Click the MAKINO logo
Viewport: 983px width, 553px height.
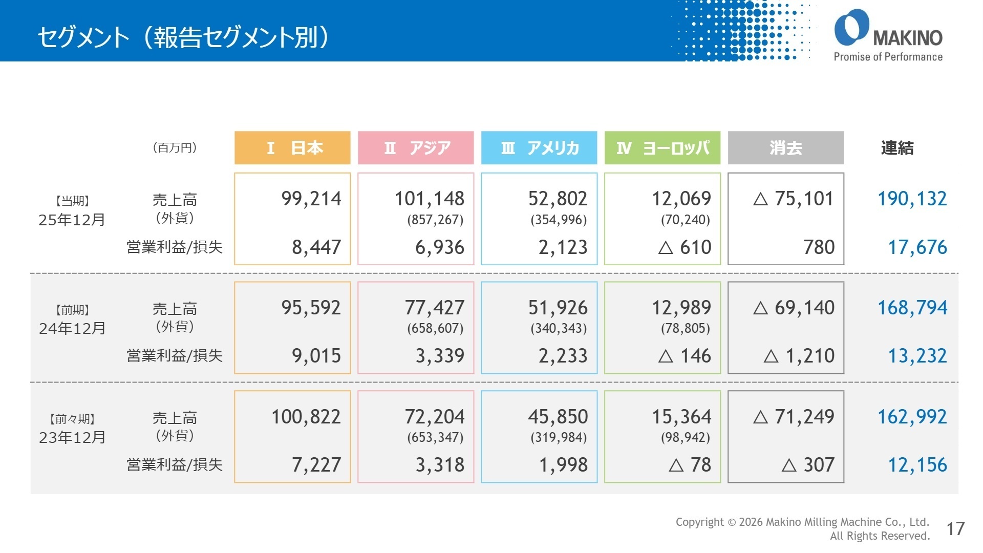(x=888, y=35)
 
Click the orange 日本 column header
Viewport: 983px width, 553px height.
(x=292, y=148)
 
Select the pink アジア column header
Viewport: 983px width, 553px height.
(x=416, y=148)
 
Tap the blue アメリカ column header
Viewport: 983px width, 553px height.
(x=539, y=148)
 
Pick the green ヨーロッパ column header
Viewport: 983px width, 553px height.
(x=663, y=148)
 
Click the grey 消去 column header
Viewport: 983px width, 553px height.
(x=785, y=148)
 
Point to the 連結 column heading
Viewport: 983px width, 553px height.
(x=897, y=148)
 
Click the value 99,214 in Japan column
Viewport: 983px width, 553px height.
(x=311, y=199)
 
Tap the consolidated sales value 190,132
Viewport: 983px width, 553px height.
(x=912, y=199)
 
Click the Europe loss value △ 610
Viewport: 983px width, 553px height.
(x=685, y=247)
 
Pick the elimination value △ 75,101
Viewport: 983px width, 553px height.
(x=793, y=199)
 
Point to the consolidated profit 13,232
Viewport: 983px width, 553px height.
(x=917, y=356)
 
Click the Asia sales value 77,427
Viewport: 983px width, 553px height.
(x=434, y=308)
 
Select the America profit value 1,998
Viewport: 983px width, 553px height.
(x=563, y=465)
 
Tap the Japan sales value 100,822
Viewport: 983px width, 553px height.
(x=306, y=417)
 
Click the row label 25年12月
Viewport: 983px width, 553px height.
(x=72, y=220)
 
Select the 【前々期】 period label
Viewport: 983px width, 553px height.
(x=72, y=419)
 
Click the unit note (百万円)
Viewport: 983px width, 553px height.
(x=175, y=148)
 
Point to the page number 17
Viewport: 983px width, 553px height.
(x=955, y=528)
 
